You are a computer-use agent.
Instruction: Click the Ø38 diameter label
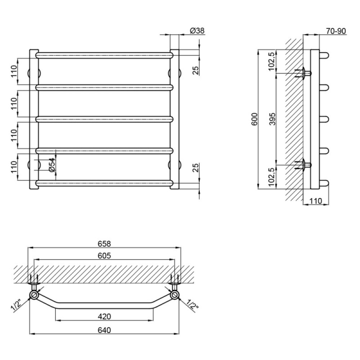(197, 31)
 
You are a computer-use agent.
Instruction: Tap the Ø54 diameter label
(52, 165)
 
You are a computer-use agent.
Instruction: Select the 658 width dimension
(104, 244)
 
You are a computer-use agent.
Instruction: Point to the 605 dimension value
(104, 255)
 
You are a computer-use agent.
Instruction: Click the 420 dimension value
(104, 316)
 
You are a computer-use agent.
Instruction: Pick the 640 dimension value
(104, 330)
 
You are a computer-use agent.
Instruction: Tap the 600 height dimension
(255, 119)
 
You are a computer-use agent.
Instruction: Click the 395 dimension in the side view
(272, 119)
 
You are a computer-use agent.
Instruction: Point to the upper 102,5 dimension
(271, 62)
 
